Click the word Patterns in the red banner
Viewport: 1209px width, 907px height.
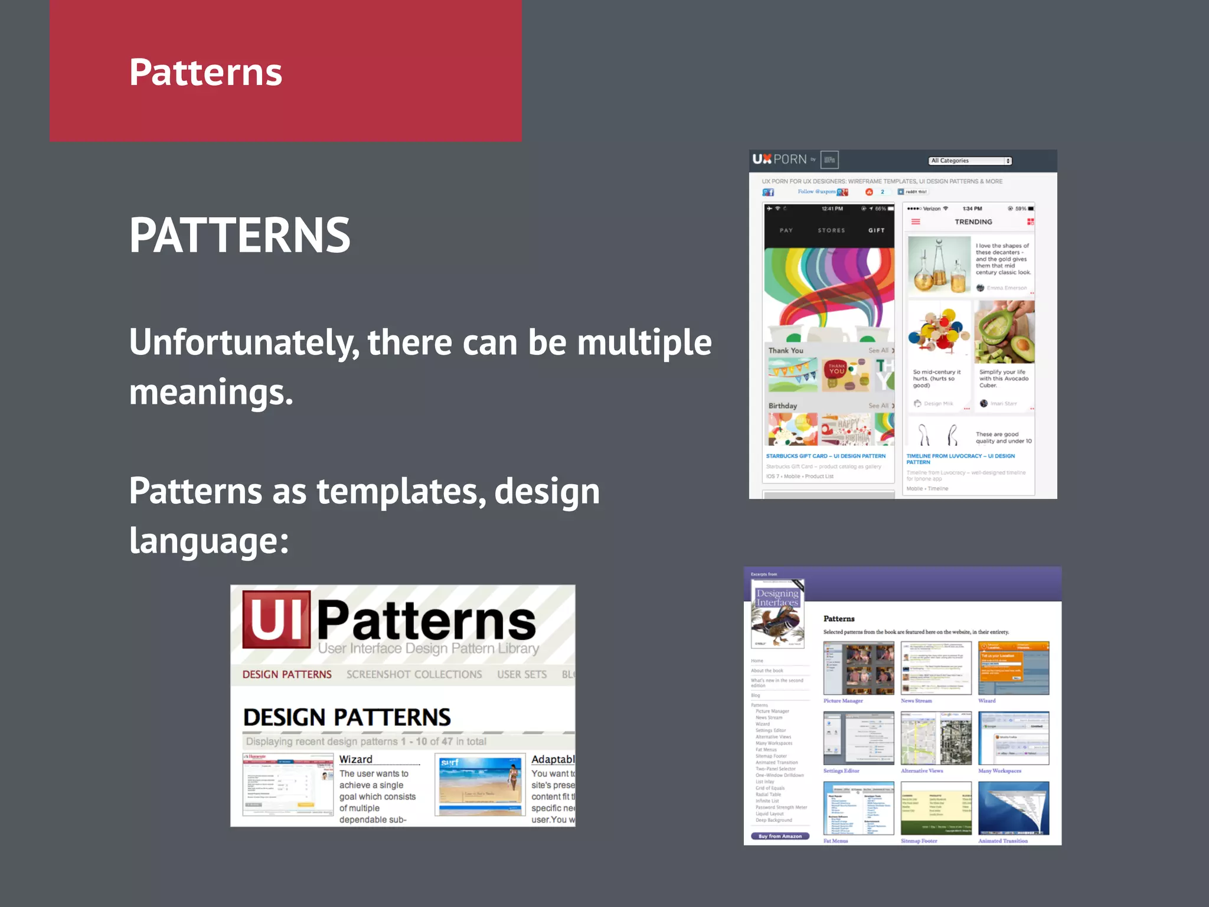[205, 72]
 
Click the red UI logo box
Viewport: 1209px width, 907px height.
[276, 619]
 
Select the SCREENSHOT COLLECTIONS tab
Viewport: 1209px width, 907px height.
[414, 674]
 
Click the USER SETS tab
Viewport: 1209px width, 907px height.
[522, 674]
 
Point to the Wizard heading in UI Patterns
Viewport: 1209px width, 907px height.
[355, 759]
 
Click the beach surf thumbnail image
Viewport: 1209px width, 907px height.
[480, 785]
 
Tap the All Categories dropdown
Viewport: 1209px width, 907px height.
[970, 161]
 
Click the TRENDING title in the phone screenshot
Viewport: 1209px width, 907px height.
[973, 222]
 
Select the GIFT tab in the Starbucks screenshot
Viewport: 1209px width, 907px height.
[876, 230]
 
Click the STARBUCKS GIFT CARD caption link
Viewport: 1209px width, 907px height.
[825, 456]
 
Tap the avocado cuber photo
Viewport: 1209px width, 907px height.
[1004, 332]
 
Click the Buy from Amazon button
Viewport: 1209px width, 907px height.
[780, 836]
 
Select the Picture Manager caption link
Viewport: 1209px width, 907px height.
[843, 701]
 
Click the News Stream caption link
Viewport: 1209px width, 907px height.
[916, 701]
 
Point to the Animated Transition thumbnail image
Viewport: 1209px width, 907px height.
[1014, 808]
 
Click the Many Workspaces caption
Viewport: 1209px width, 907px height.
[999, 771]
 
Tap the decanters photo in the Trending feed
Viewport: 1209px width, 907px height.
[939, 266]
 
